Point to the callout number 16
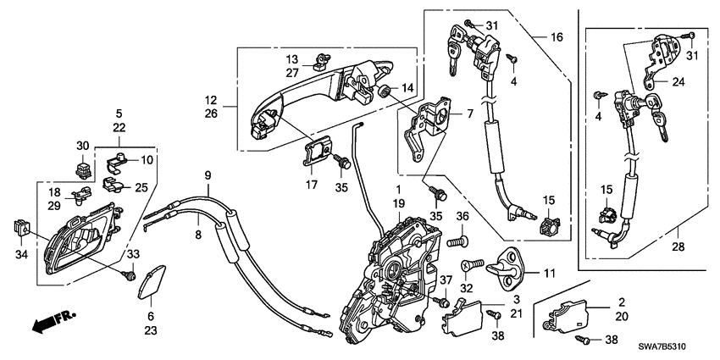coord(556,38)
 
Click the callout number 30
coord(82,145)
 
